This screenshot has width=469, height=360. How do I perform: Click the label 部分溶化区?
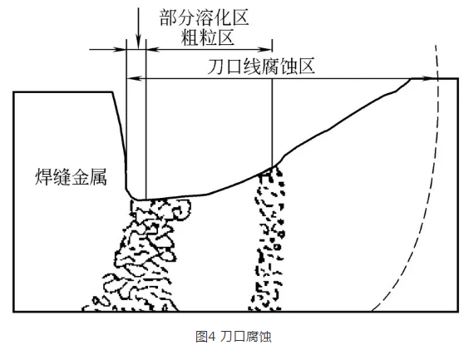click(204, 17)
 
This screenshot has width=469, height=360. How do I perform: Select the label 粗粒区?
click(207, 37)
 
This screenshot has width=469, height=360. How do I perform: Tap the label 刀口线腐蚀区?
click(261, 66)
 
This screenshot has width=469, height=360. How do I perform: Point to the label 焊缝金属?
click(71, 177)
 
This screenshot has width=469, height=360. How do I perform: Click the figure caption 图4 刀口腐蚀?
click(234, 337)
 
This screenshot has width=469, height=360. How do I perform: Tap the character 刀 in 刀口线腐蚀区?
click(216, 66)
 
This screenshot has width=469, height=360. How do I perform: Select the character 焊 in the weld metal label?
click(44, 177)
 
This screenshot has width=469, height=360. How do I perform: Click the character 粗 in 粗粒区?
click(190, 37)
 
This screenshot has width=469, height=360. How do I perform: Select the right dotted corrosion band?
click(267, 239)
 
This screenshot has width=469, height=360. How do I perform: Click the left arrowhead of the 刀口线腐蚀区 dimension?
click(133, 79)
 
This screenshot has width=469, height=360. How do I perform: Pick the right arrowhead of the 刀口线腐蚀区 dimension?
click(430, 79)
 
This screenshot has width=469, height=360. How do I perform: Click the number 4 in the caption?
click(212, 337)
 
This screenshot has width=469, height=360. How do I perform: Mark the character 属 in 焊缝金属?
click(98, 177)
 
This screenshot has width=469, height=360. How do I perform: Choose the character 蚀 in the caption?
click(265, 337)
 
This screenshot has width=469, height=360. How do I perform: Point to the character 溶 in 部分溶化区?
click(204, 17)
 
